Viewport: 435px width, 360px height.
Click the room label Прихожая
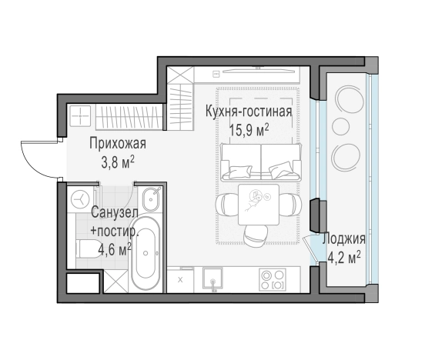(117, 143)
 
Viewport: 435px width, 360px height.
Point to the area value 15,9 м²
(248, 128)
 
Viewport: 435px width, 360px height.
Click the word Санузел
(115, 212)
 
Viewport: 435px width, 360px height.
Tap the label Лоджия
(343, 238)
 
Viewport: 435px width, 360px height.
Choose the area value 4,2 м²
(343, 255)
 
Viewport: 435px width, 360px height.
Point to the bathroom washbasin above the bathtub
(152, 198)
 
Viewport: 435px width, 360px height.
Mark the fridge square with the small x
(180, 278)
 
